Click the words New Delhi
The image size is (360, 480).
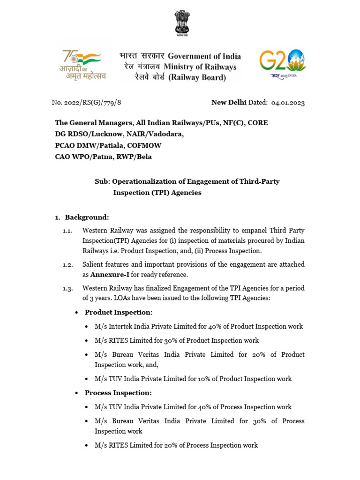(x=227, y=103)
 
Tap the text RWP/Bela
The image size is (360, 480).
(x=135, y=157)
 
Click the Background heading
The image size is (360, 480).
(x=87, y=217)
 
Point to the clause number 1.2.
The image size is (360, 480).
(x=68, y=265)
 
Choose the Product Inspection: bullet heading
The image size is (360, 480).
(x=119, y=312)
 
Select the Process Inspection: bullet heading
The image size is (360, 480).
(x=118, y=393)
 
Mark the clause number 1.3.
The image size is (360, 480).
(x=68, y=288)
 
